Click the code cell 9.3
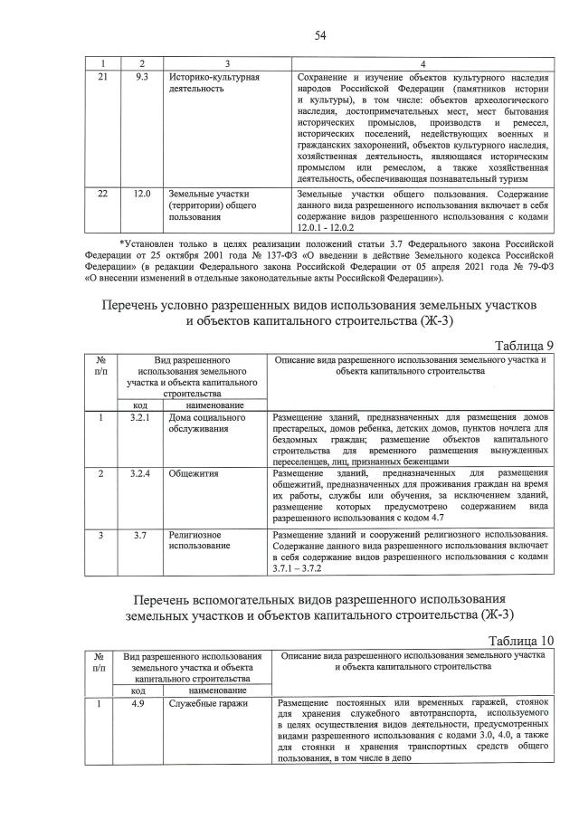[141, 78]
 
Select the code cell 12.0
[141, 195]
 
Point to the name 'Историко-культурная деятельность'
[214, 84]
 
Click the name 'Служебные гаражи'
[207, 701]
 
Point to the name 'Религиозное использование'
[199, 541]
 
